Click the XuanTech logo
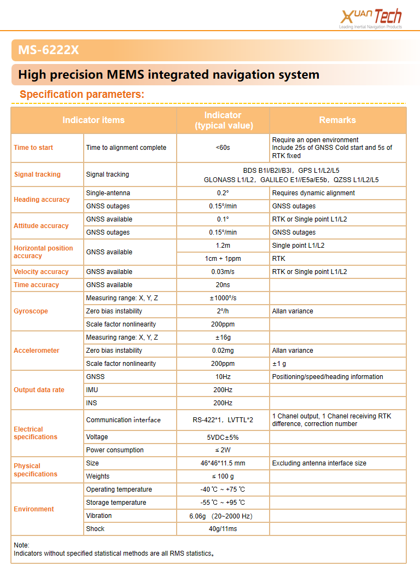coord(370,18)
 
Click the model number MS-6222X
coord(48,50)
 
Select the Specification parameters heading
coord(82,94)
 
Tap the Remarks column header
coord(337,120)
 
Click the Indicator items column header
coord(94,120)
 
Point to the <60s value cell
coord(223,148)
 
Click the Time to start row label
coord(33,148)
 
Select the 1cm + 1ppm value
coord(223,259)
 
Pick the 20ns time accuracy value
coord(223,285)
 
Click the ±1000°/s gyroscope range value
coord(223,298)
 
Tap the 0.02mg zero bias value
coord(223,351)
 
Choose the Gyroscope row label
coord(31,311)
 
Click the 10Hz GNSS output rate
coord(223,377)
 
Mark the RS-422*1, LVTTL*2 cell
coord(223,420)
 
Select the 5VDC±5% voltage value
coord(223,438)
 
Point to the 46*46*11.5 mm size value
coord(223,463)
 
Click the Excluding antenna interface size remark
coord(319,463)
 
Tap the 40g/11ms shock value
coord(223,529)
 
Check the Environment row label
coord(34,509)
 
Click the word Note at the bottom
coord(21,545)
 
